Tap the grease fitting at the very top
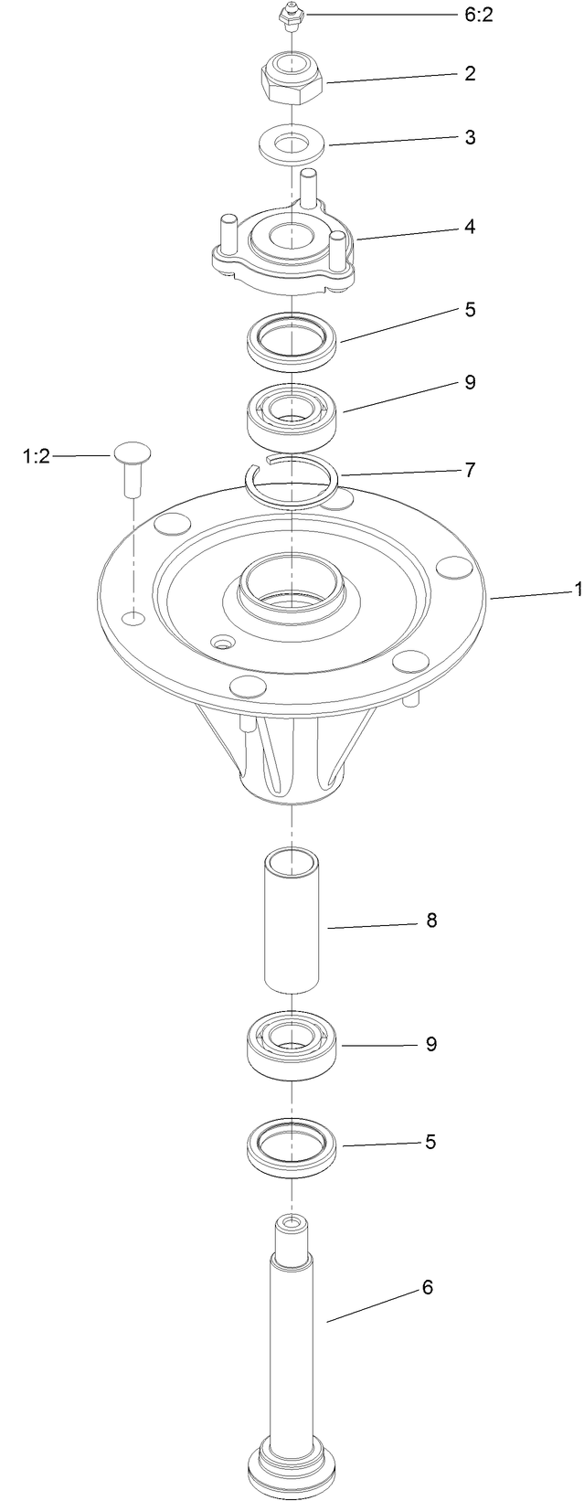tap(290, 17)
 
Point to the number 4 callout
tap(469, 226)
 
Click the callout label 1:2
tap(37, 456)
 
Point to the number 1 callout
tap(578, 591)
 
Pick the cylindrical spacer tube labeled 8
tap(292, 920)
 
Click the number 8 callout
tap(431, 921)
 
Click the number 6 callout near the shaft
tap(427, 1288)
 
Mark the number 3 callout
tap(470, 137)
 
